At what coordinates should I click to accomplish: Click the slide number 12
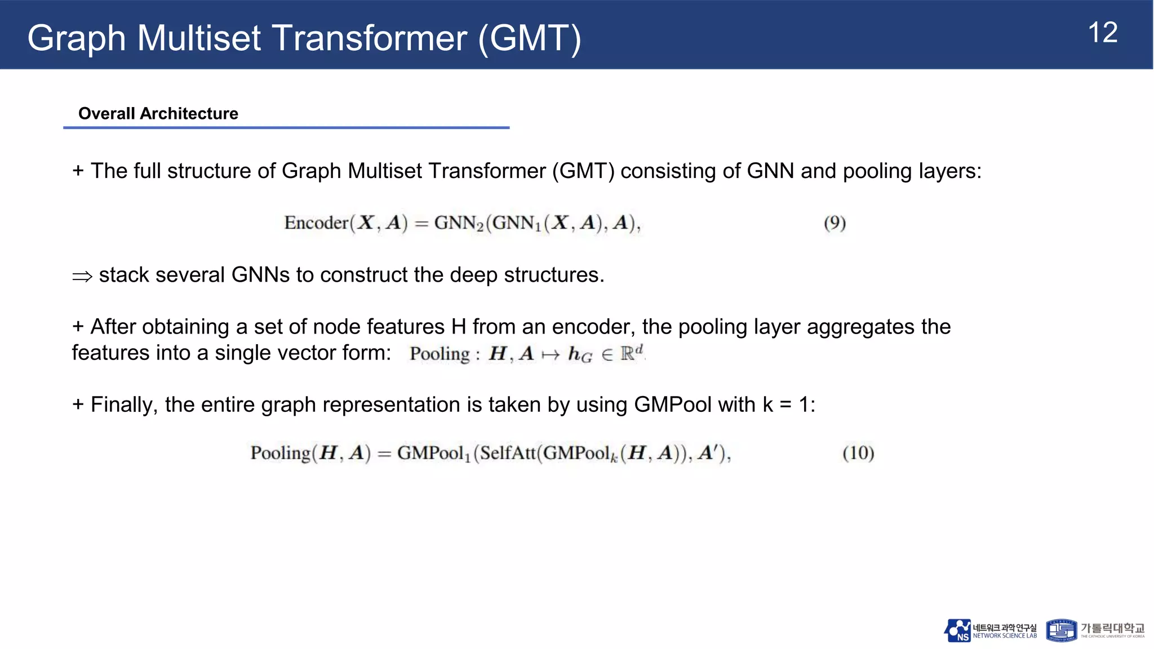tap(1103, 33)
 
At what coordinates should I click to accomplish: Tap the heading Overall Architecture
tap(158, 113)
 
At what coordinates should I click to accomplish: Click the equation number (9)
tap(835, 223)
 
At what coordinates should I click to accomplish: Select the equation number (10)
tap(858, 453)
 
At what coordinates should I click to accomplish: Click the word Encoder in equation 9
tap(316, 223)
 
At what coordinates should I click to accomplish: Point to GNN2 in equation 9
tap(459, 223)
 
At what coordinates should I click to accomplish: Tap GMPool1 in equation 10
tap(433, 453)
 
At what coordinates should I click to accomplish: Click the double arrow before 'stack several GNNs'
tap(82, 276)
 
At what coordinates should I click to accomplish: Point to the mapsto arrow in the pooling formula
tap(550, 354)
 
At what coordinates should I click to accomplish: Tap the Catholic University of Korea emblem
tap(1060, 630)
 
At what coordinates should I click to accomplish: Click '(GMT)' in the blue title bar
tap(529, 38)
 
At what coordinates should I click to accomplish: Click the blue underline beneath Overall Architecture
tap(286, 128)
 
